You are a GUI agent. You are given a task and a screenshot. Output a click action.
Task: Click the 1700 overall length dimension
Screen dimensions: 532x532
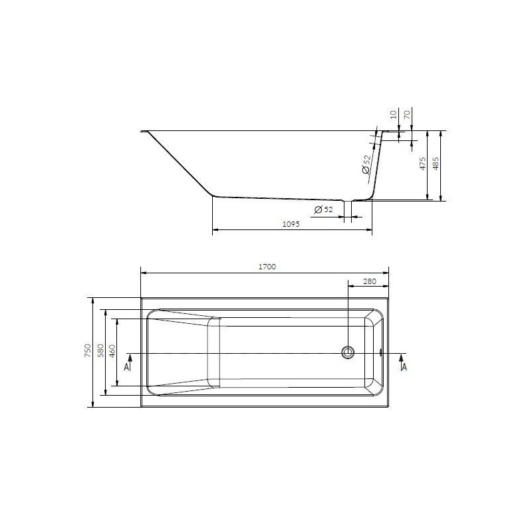[x=266, y=266]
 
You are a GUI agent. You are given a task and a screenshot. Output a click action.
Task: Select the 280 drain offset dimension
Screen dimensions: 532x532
[x=370, y=281]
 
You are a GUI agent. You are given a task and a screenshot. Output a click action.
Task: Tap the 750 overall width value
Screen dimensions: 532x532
[x=86, y=351]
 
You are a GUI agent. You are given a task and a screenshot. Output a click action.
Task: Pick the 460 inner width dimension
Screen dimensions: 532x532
[x=112, y=351]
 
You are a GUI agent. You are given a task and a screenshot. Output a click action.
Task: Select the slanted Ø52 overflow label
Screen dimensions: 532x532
[x=366, y=164]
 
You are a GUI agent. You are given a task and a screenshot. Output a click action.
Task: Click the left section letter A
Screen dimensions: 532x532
[x=126, y=364]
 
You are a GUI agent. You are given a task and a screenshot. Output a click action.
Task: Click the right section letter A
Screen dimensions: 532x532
[x=404, y=364]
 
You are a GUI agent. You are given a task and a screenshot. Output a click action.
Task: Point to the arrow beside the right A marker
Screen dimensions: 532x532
[x=402, y=356]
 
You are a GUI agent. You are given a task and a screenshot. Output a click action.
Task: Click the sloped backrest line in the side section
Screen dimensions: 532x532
[x=180, y=165]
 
